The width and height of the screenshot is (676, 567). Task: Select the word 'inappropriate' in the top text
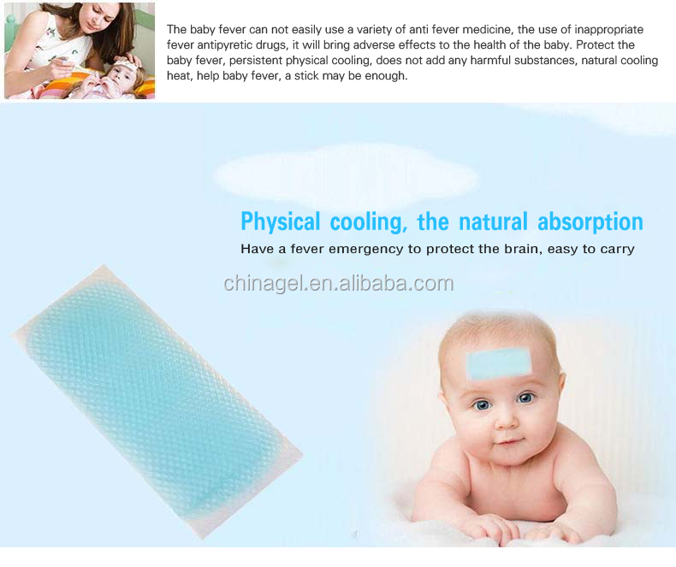[x=608, y=29]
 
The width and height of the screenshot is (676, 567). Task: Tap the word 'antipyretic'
[x=224, y=44]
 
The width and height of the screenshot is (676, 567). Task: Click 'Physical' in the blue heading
[x=280, y=221]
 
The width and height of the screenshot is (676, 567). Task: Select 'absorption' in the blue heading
[x=590, y=221]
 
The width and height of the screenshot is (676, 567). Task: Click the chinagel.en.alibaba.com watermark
[x=339, y=284]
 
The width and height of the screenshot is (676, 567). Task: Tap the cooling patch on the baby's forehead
[x=499, y=363]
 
